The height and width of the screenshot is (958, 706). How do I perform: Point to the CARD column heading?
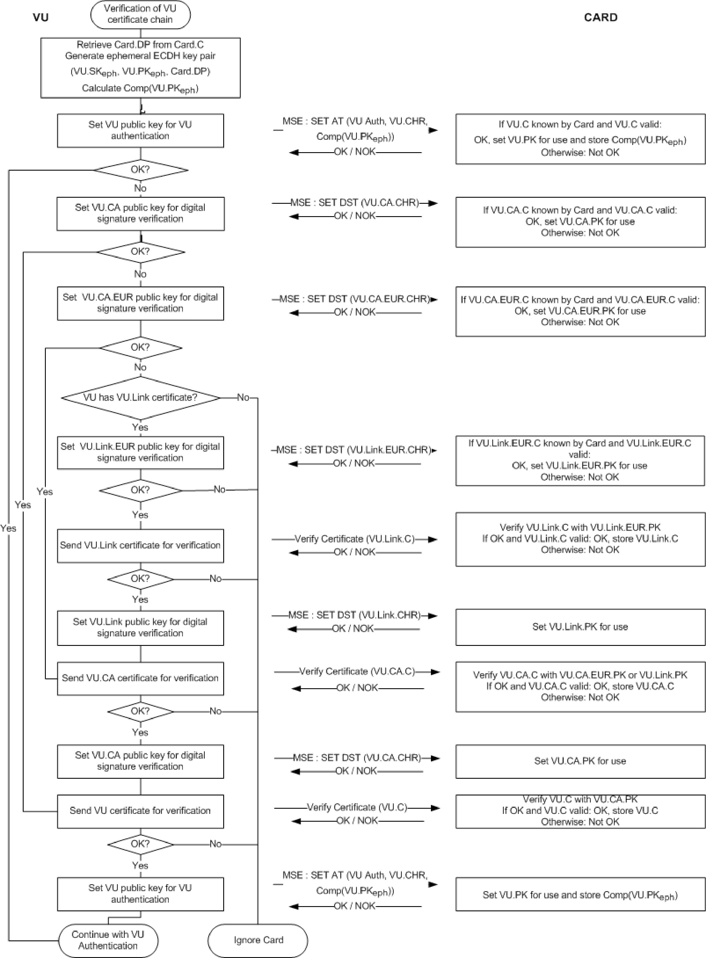click(x=601, y=18)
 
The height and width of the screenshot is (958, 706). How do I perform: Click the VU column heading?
click(x=41, y=18)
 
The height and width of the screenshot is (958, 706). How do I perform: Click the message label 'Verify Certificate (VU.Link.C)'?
click(x=355, y=539)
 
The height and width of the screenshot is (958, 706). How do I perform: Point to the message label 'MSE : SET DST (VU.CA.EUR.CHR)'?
click(x=355, y=299)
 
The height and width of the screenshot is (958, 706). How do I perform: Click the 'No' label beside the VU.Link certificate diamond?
click(x=243, y=397)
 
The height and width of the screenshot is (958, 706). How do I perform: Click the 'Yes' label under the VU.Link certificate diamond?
click(x=140, y=427)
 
